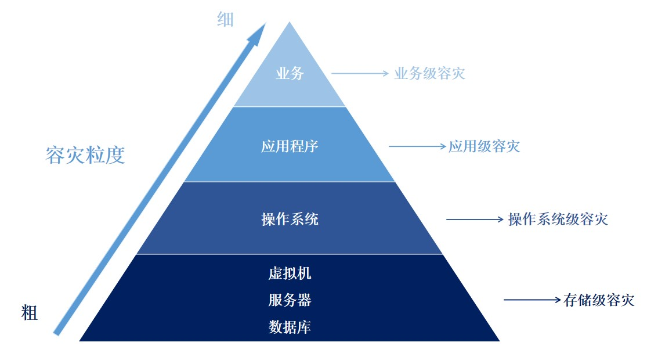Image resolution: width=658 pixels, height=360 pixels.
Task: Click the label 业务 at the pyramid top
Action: pyautogui.click(x=290, y=74)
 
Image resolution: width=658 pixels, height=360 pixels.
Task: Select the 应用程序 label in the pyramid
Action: pyautogui.click(x=290, y=146)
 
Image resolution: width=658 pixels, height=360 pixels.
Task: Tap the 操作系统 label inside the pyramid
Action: pyautogui.click(x=290, y=219)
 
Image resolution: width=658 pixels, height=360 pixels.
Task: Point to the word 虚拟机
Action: pyautogui.click(x=290, y=272)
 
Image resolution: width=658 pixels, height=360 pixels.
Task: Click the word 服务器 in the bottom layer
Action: pyautogui.click(x=290, y=300)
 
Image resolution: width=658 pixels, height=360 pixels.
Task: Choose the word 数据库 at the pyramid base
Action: pyautogui.click(x=290, y=327)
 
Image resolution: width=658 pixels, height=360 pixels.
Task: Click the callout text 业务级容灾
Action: pyautogui.click(x=429, y=74)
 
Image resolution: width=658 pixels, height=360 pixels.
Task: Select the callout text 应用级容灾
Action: pyautogui.click(x=484, y=146)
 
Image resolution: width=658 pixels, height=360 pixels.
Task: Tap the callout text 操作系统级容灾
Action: pyautogui.click(x=558, y=219)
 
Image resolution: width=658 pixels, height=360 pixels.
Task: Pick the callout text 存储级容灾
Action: pyautogui.click(x=599, y=300)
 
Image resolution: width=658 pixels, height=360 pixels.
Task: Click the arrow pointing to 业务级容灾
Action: pyautogui.click(x=359, y=74)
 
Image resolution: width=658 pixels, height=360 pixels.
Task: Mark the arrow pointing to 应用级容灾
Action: pyautogui.click(x=417, y=146)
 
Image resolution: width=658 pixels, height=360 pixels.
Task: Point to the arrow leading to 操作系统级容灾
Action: pyautogui.click(x=475, y=219)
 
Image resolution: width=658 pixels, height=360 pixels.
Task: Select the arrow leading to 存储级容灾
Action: pyautogui.click(x=532, y=300)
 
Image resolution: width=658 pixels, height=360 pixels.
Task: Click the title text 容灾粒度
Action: pyautogui.click(x=85, y=155)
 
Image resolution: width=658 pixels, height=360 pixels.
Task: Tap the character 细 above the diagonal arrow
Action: pyautogui.click(x=225, y=20)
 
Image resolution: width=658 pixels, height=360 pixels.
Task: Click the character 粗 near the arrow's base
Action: pyautogui.click(x=30, y=314)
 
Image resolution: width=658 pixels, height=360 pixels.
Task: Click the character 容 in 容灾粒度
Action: pyautogui.click(x=56, y=155)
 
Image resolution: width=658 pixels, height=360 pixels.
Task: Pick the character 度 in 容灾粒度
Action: pyautogui.click(x=115, y=155)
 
